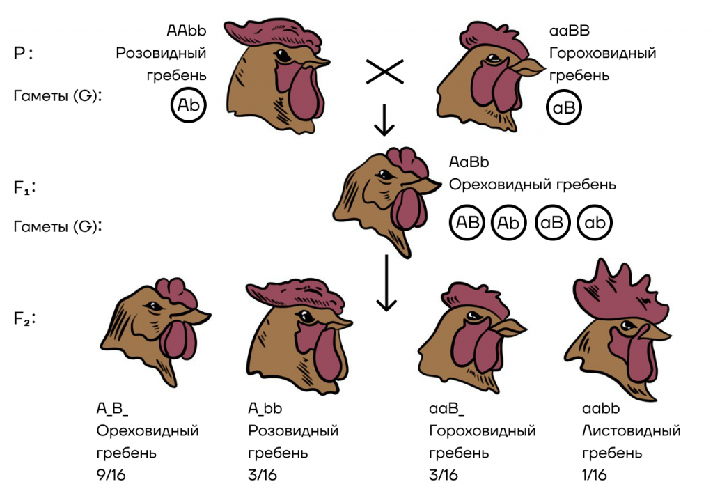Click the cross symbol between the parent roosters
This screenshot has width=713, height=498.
click(384, 72)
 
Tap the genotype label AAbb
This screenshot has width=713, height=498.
click(187, 31)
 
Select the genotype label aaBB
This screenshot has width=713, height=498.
click(570, 31)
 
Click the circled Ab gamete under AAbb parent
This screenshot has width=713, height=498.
click(188, 105)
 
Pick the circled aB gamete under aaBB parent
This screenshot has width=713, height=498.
click(564, 107)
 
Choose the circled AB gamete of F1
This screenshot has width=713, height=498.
click(467, 222)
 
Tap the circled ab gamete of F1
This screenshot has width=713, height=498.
click(595, 222)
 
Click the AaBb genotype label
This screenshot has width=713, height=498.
click(469, 162)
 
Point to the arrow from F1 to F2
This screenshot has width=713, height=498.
click(386, 283)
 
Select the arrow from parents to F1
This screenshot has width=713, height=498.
click(384, 120)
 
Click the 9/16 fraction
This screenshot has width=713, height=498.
click(111, 475)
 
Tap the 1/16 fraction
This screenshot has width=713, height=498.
click(595, 475)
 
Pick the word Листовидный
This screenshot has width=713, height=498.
click(631, 430)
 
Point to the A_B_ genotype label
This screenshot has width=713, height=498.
click(112, 408)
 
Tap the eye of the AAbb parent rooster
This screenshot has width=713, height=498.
click(283, 57)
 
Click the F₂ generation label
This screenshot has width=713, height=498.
click(24, 318)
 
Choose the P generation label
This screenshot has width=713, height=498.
click(23, 54)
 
